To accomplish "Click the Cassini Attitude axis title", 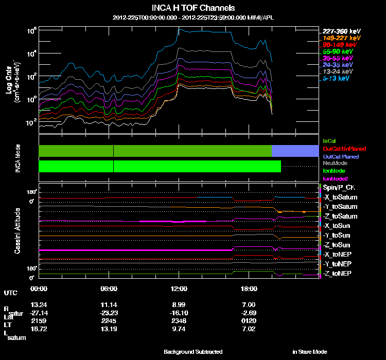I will click(17, 230).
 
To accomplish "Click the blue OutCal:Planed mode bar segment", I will click(294, 151).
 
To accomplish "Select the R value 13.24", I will click(39, 305).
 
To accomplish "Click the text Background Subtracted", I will click(193, 352).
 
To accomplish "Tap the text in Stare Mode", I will click(309, 352).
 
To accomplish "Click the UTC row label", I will click(10, 293).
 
